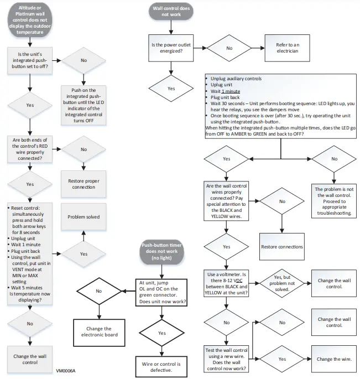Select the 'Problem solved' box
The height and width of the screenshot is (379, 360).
pyautogui.click(x=84, y=217)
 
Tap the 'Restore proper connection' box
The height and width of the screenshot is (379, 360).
pyautogui.click(x=84, y=184)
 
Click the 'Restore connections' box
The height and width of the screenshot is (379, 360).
pyautogui.click(x=281, y=247)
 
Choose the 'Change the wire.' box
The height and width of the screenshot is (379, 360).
pyautogui.click(x=333, y=359)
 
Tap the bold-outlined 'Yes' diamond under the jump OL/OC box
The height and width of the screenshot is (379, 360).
pyautogui.click(x=162, y=333)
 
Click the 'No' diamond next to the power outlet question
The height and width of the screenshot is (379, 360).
pyautogui.click(x=229, y=48)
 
